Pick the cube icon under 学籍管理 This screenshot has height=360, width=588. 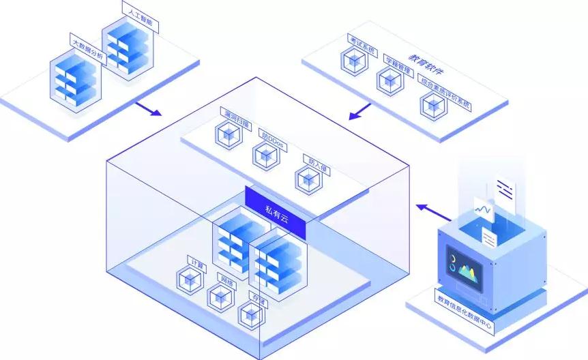[x=389, y=80]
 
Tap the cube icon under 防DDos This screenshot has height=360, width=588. [x=265, y=156]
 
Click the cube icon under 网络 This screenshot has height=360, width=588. [x=220, y=297]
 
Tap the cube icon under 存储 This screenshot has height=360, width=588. [x=251, y=314]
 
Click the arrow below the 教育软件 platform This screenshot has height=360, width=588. [x=359, y=110]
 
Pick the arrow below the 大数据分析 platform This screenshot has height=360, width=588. [x=148, y=109]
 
